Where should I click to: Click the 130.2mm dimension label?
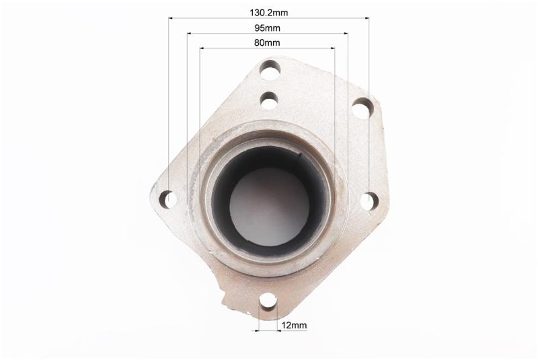pos(268,13)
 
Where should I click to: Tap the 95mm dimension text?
pos(267,28)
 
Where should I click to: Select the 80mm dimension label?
pos(267,43)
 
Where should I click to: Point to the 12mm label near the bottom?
pos(294,325)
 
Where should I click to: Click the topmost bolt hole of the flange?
pos(270,70)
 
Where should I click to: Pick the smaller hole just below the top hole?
pos(269,100)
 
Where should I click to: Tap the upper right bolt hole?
pos(362,108)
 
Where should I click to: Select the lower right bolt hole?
pos(369,201)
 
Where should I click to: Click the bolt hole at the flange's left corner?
pos(168,199)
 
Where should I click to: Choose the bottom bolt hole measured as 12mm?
pos(268,301)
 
